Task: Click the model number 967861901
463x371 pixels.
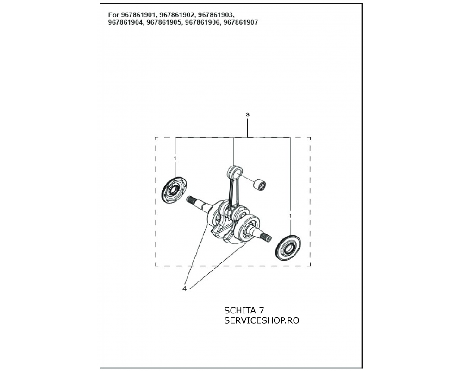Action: [138, 15]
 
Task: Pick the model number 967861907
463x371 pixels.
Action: [241, 22]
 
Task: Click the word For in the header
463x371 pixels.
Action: [114, 15]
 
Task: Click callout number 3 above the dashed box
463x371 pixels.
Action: [247, 115]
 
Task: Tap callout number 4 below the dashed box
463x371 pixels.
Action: [185, 288]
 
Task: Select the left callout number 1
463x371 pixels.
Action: [175, 159]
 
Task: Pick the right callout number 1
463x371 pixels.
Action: [290, 216]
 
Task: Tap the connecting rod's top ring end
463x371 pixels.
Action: [235, 172]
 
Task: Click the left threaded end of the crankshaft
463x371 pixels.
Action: [192, 201]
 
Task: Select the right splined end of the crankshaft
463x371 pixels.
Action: [267, 237]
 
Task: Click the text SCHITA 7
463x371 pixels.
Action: [244, 310]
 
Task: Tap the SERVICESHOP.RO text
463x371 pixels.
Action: [262, 320]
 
